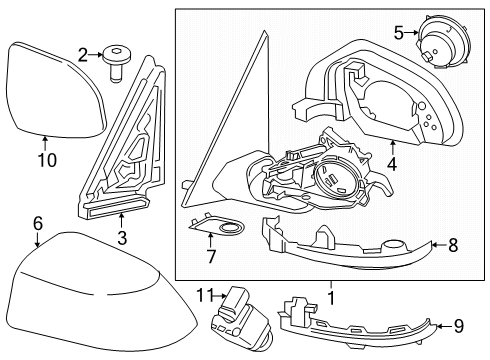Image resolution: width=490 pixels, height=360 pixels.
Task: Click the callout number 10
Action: (x=47, y=160)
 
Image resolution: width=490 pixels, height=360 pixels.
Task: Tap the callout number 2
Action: (x=83, y=55)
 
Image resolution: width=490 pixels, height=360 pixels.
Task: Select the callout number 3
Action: (x=122, y=238)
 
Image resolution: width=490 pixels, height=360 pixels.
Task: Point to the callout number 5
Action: (x=399, y=33)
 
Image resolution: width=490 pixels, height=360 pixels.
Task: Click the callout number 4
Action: (x=392, y=164)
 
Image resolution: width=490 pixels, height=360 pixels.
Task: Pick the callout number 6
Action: (x=38, y=223)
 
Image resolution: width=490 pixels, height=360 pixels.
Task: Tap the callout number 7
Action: (x=211, y=256)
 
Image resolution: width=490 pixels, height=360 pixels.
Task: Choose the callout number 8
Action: (x=453, y=246)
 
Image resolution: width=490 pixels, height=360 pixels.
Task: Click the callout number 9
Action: (x=459, y=326)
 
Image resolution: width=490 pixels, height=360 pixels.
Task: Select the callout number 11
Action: (x=204, y=295)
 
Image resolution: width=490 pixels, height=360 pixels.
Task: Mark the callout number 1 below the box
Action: (x=331, y=298)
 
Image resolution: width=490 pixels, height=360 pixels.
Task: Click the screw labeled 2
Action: (x=116, y=63)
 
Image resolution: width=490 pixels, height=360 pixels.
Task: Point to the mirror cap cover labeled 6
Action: (x=97, y=293)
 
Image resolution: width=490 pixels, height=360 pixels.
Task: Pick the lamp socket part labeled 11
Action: (x=241, y=318)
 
